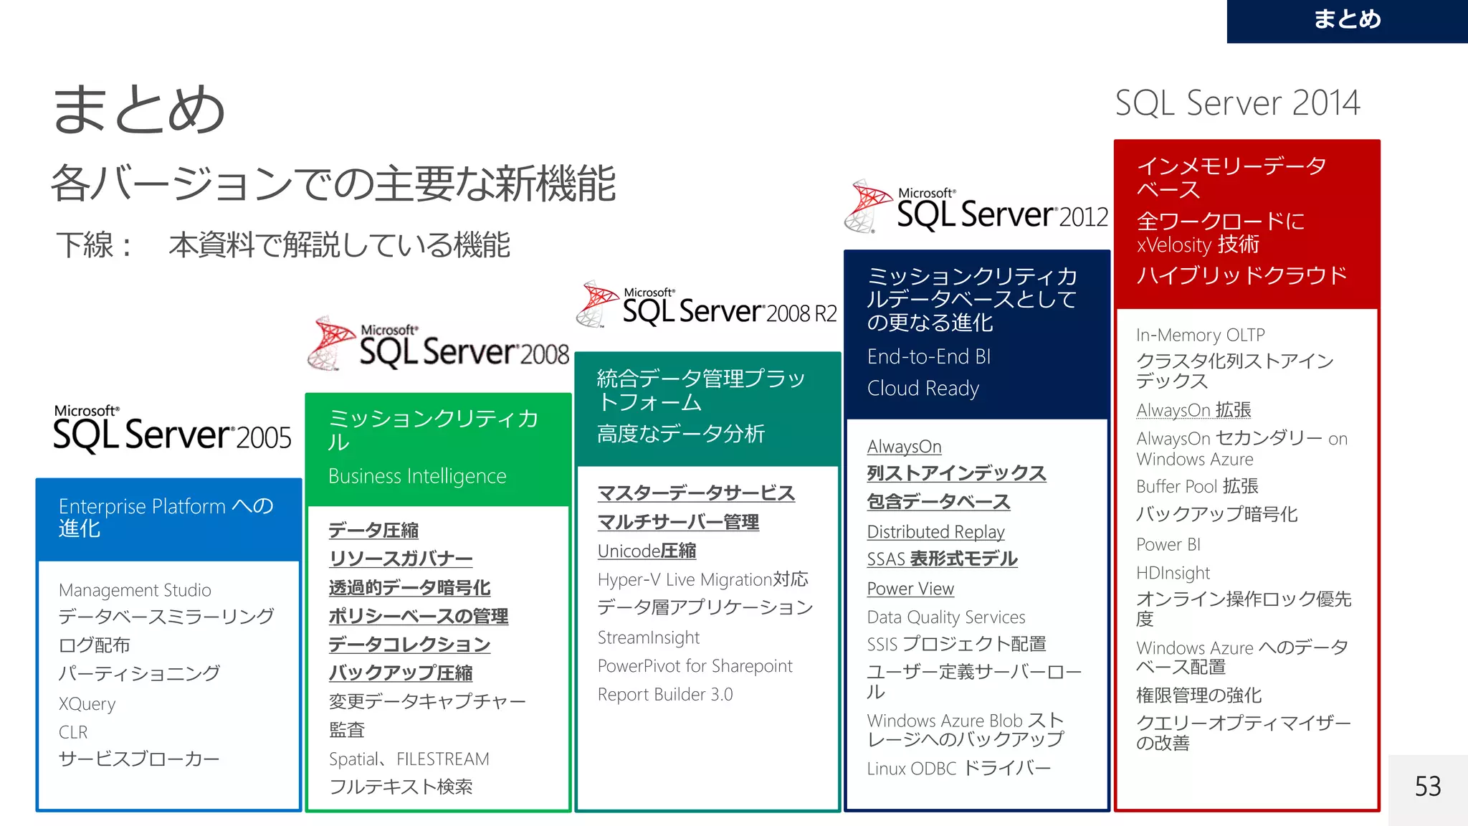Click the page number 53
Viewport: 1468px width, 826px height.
tap(1427, 787)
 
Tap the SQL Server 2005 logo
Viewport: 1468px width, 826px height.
tap(172, 429)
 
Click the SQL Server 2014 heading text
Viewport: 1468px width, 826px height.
tap(1237, 103)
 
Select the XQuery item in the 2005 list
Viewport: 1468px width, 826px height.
tap(87, 703)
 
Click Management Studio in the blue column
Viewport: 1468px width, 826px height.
tap(135, 590)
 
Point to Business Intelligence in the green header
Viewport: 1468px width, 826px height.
tap(417, 476)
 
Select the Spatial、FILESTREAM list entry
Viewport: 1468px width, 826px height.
tap(409, 759)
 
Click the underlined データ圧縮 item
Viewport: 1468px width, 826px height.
tap(373, 530)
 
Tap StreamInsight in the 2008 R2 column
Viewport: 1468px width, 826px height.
tap(648, 637)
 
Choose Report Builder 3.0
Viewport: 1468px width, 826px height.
tap(664, 694)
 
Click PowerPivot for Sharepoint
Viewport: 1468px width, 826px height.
tap(695, 666)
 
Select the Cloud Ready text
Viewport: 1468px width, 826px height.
tap(923, 388)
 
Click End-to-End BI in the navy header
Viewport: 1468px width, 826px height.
tap(928, 356)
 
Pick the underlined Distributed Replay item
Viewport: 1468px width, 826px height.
tap(935, 531)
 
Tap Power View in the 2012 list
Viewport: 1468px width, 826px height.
tap(910, 589)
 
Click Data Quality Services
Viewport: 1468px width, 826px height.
tap(945, 617)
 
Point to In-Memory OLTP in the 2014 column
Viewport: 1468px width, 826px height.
tap(1200, 335)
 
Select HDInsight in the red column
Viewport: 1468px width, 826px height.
tap(1173, 573)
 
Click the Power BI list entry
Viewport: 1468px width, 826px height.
tap(1168, 544)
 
